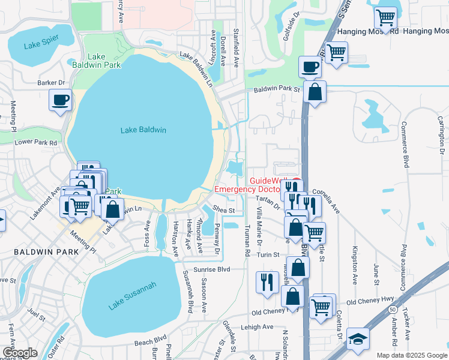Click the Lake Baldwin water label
pos(143,130)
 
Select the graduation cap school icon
pos(358,339)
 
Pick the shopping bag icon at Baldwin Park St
pos(314,92)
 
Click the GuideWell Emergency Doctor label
pos(265,185)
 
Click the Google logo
pos(20,353)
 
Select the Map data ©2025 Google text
pos(412,355)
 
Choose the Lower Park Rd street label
pos(36,143)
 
